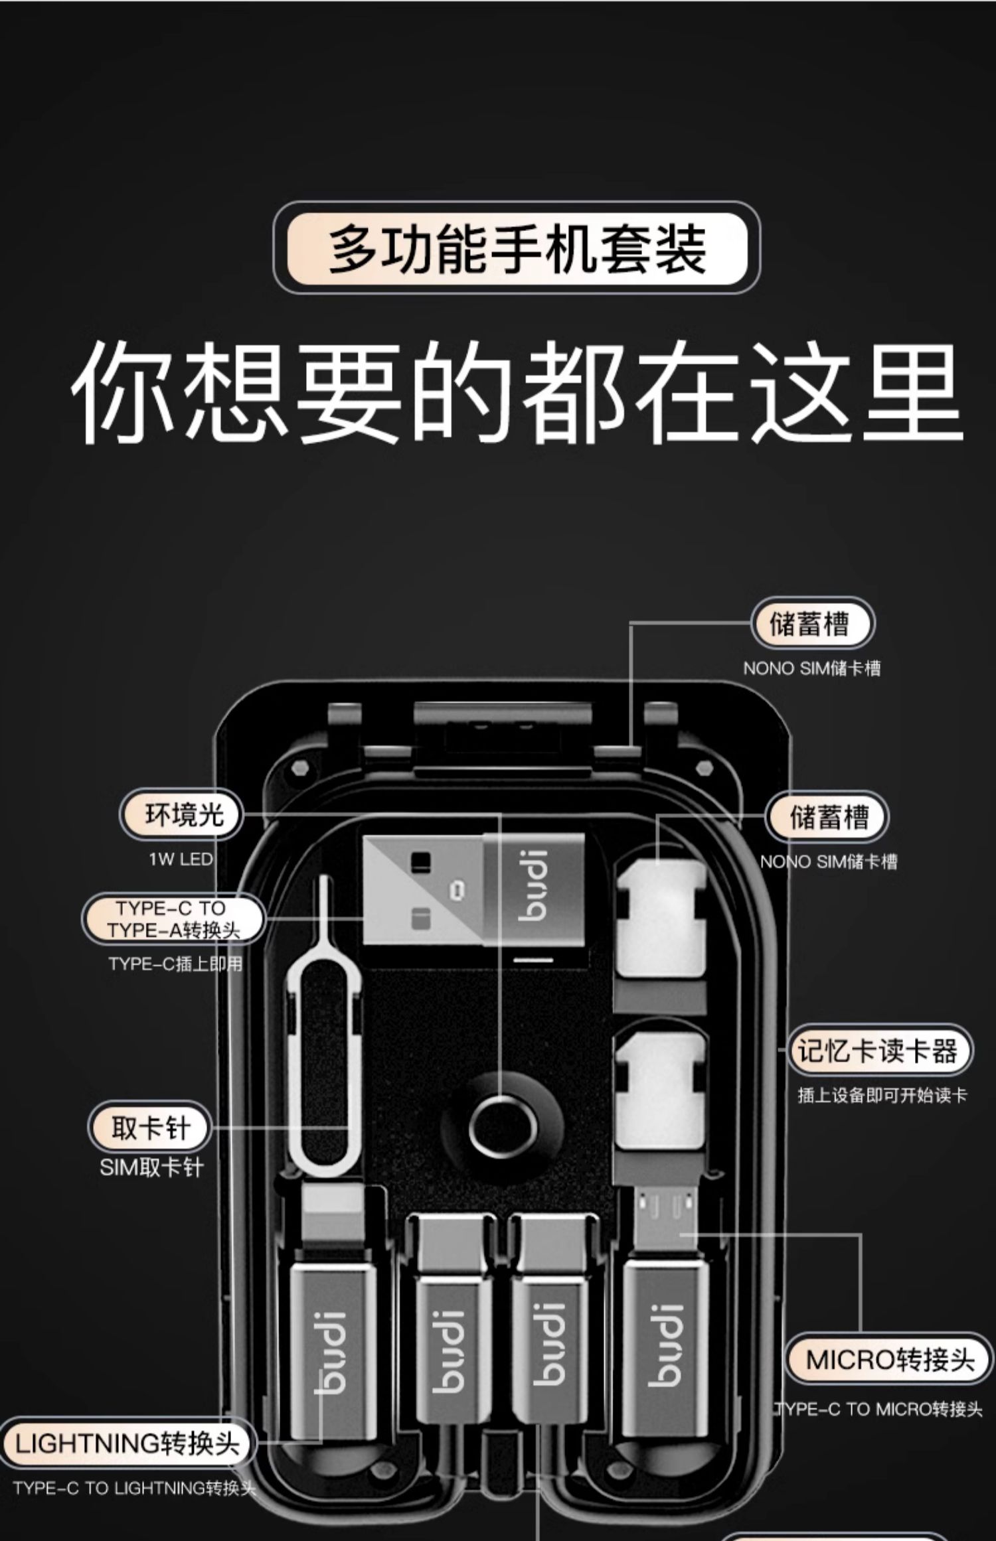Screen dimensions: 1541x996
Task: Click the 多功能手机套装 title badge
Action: tap(517, 248)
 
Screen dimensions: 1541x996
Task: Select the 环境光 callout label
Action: tap(181, 815)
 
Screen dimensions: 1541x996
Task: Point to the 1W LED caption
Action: tap(181, 859)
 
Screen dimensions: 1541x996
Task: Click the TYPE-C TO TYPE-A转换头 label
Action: tap(173, 919)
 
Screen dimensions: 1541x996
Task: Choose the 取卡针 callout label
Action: tap(150, 1127)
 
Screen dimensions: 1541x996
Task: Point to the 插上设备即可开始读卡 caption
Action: tap(882, 1095)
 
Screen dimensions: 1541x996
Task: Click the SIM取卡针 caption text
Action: tap(151, 1168)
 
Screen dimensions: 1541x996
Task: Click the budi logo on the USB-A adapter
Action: tap(534, 886)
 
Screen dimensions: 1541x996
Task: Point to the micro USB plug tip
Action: tap(664, 1211)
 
